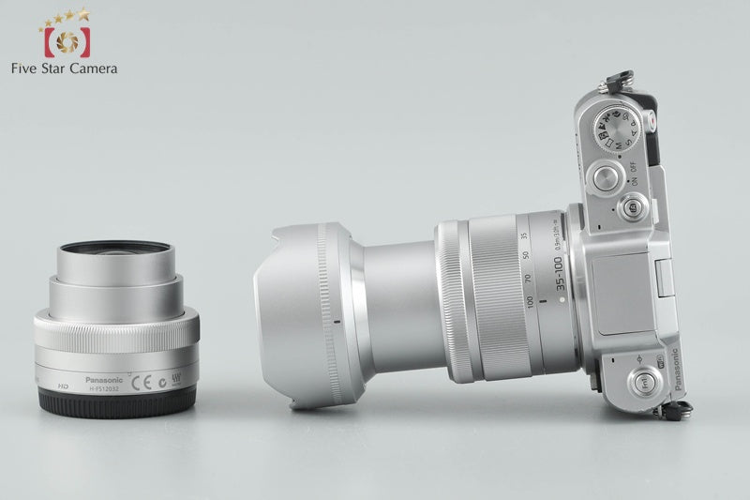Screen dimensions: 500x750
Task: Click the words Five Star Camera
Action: pos(64,68)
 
